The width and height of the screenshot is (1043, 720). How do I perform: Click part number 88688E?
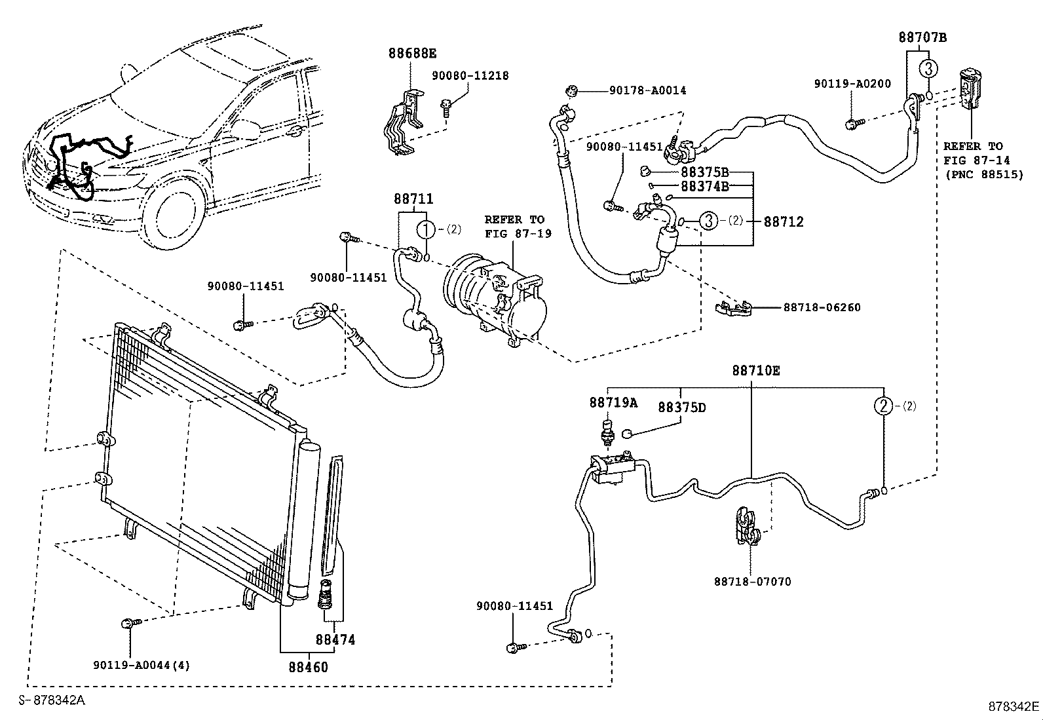(x=413, y=54)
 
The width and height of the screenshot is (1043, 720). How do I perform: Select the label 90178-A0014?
(x=648, y=90)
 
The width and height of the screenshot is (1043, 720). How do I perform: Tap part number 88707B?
(x=922, y=37)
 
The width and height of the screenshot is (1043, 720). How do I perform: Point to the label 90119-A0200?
(x=852, y=84)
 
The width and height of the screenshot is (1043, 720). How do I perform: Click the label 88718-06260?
(x=822, y=307)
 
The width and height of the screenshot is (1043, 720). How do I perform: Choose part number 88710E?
(x=755, y=371)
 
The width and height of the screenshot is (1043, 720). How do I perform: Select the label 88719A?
(x=613, y=402)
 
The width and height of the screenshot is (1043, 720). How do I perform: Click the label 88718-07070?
(x=753, y=582)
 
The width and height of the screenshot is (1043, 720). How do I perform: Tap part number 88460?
(x=308, y=667)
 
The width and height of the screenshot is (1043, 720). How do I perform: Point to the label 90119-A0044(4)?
(x=142, y=666)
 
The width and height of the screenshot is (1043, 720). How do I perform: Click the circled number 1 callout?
(x=426, y=229)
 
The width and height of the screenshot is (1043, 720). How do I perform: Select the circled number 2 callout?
(x=883, y=406)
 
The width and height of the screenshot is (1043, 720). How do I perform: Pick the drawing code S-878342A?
(x=52, y=700)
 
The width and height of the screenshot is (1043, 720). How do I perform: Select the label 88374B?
(x=704, y=186)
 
